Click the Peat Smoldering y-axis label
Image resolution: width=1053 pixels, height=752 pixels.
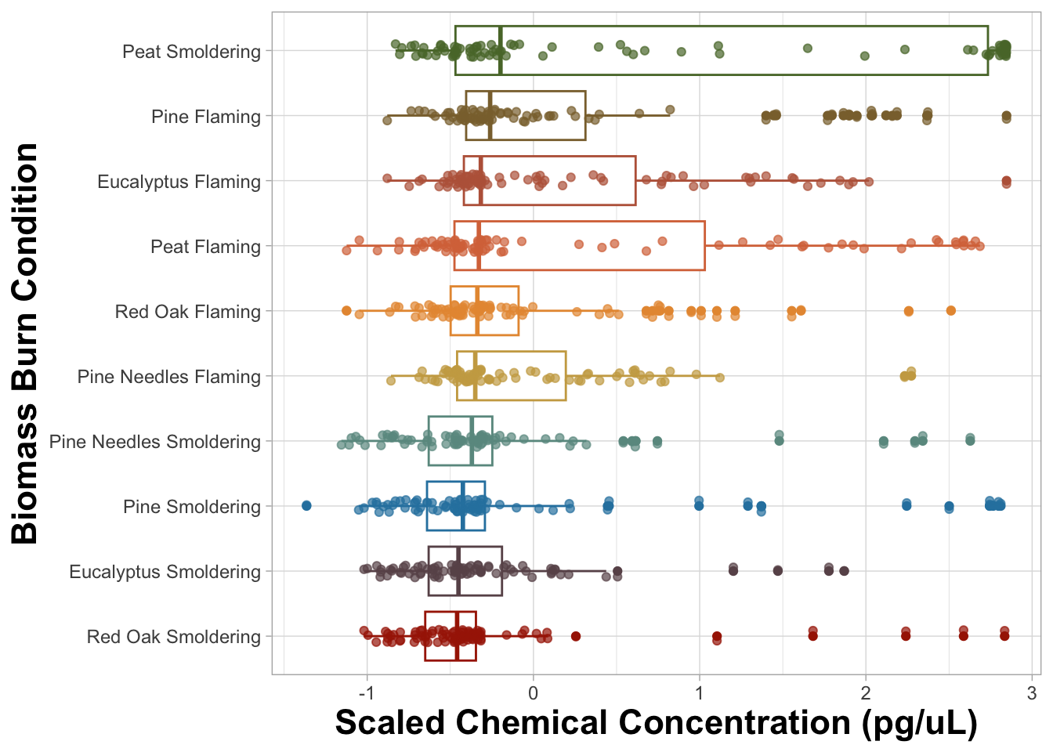pos(191,52)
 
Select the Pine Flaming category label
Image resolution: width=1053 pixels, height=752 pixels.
pos(206,117)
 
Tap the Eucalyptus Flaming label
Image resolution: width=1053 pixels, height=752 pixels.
pos(179,182)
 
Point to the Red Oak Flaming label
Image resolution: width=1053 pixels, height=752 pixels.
pos(188,312)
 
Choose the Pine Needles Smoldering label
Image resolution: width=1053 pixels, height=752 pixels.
pos(155,442)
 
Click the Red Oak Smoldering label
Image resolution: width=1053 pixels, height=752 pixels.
pos(174,637)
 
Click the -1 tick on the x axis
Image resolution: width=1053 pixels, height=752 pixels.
pos(366,693)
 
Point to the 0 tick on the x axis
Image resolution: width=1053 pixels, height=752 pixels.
pos(533,693)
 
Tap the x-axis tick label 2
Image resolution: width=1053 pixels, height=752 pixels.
pos(866,693)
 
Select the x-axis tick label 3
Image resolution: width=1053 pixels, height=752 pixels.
pos(1032,693)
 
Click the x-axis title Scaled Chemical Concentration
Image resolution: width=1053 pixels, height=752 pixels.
pos(656,723)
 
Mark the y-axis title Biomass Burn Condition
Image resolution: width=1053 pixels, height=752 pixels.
pos(26,343)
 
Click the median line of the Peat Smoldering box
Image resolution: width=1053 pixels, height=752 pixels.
pos(501,51)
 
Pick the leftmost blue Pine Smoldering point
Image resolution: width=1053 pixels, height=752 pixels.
pos(306,505)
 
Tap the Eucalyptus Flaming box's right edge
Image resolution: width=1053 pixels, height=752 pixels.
pos(635,181)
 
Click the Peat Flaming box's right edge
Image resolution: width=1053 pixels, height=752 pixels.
pos(704,246)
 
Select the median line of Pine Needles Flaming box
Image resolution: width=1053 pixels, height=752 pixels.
pos(476,376)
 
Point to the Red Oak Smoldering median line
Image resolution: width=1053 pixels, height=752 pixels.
pos(457,636)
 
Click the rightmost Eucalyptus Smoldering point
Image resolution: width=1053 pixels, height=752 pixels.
pos(845,570)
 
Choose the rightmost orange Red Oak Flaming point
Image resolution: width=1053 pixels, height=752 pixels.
pos(950,311)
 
